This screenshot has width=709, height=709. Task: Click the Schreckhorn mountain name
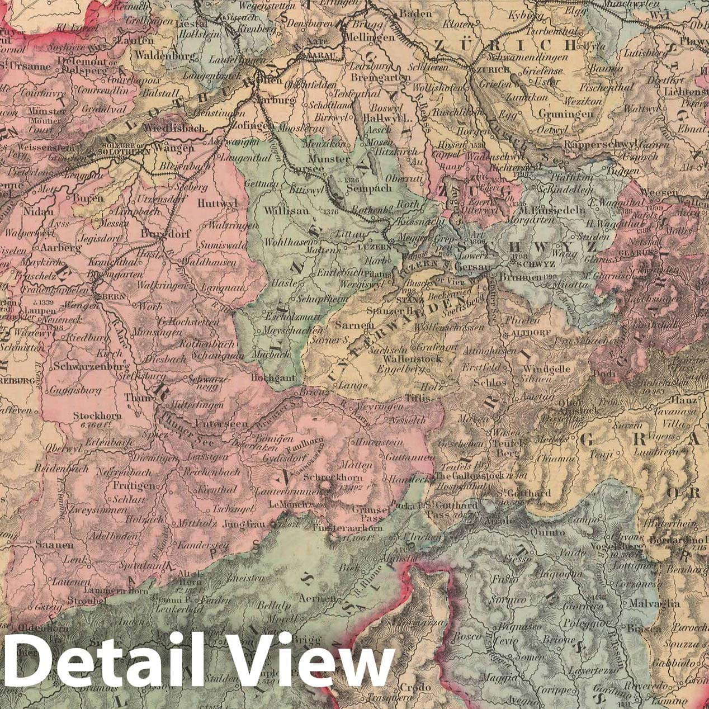pos(327,479)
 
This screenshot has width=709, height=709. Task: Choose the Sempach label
pos(369,188)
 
